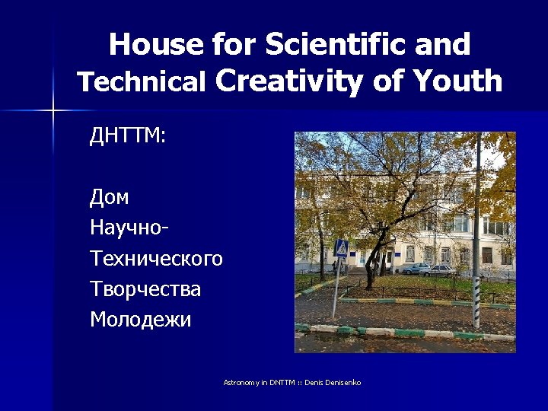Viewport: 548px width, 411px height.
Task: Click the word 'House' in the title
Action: tap(156, 46)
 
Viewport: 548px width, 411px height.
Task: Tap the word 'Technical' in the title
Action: tap(142, 82)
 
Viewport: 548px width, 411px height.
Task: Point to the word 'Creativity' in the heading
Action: tap(292, 81)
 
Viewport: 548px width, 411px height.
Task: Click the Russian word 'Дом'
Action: tap(110, 198)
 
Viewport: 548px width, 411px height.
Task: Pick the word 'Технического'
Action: tap(156, 259)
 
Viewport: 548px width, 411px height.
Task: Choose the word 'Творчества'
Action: tap(145, 289)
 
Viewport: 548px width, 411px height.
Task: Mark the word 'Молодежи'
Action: tap(141, 320)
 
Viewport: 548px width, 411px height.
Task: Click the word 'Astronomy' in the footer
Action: tap(241, 381)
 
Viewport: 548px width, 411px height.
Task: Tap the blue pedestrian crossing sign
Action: tap(342, 248)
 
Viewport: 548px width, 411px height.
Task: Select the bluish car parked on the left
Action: tap(416, 269)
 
